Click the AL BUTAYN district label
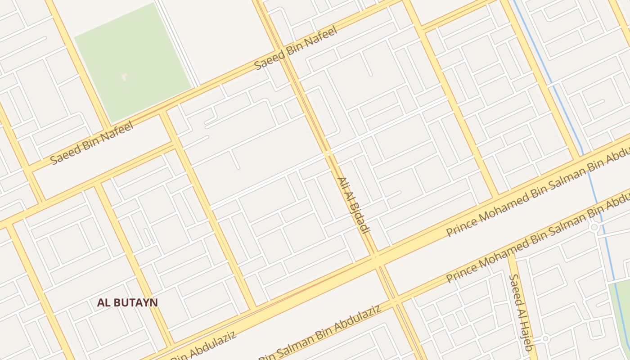pos(127,302)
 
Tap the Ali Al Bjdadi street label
pos(353,205)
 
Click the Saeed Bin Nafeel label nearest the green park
pos(92,143)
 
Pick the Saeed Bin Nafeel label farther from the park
pos(296,49)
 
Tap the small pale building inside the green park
pos(124,77)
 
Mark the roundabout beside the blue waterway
pos(594,228)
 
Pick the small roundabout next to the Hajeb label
pos(545,338)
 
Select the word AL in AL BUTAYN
pos(103,302)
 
